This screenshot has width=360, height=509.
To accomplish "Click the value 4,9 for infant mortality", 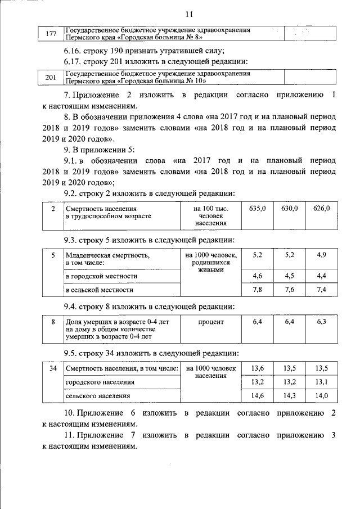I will [x=322, y=255].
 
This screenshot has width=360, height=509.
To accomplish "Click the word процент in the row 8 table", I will [x=211, y=322].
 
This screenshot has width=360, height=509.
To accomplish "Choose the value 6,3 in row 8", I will [x=322, y=322].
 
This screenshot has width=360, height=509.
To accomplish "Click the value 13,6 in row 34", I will [x=258, y=368].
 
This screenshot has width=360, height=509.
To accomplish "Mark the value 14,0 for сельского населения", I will [x=322, y=396].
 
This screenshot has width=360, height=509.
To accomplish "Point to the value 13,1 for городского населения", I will [x=322, y=382].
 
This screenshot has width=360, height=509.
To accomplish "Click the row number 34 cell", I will [x=52, y=369].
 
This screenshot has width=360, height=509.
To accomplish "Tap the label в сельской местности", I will [x=100, y=290].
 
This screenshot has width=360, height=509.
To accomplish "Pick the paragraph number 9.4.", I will [x=73, y=307].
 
